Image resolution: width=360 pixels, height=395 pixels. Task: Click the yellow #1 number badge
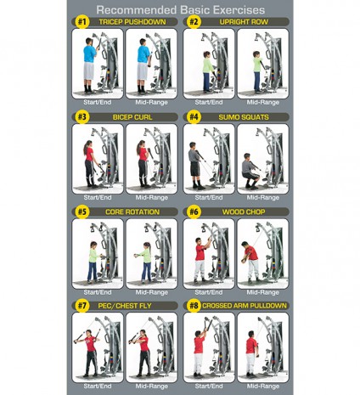[82, 22]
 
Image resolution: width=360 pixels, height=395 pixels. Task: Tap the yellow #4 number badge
[194, 117]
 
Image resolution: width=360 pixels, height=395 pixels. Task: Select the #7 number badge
[82, 306]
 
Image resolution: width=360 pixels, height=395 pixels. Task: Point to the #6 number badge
[194, 212]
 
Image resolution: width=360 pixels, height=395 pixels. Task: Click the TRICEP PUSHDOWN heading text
[132, 22]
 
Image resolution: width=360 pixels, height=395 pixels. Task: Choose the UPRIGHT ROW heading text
[244, 22]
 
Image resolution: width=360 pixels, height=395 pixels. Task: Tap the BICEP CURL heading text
[132, 117]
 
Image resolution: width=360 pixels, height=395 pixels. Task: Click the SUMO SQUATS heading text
[244, 117]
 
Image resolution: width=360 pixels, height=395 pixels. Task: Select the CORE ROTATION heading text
[132, 212]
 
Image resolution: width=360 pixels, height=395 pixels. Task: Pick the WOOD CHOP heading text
[244, 212]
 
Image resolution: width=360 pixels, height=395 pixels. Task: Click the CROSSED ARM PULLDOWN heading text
[245, 306]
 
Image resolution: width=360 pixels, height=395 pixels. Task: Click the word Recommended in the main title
[137, 10]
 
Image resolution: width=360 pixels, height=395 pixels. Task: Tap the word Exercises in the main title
[239, 10]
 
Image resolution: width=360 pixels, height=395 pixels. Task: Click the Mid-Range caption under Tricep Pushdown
[151, 102]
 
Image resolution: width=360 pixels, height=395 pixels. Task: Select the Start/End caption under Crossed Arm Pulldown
[209, 386]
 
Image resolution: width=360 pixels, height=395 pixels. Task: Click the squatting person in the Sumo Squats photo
[250, 171]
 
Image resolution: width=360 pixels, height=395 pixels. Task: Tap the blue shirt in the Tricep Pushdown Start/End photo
[89, 54]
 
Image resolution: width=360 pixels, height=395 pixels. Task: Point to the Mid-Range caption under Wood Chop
[263, 292]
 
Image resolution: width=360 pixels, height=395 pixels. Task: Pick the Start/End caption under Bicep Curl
[98, 197]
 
